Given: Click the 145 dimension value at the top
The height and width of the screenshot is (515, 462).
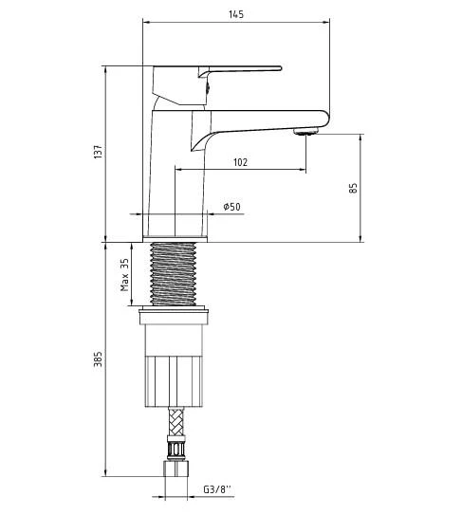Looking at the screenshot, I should pyautogui.click(x=235, y=13).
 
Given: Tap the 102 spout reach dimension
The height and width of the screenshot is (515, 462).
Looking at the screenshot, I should pyautogui.click(x=240, y=162).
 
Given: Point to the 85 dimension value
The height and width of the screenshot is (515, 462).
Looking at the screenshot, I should pyautogui.click(x=353, y=188).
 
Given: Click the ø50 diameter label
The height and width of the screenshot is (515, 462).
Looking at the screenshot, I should pyautogui.click(x=231, y=207).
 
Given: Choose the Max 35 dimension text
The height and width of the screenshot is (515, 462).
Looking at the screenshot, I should pyautogui.click(x=124, y=275).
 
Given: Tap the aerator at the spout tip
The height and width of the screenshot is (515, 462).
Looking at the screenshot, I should pyautogui.click(x=305, y=132).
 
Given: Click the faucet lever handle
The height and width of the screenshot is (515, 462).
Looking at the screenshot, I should pyautogui.click(x=242, y=68).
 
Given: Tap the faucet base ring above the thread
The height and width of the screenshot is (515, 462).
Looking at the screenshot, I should pyautogui.click(x=176, y=226).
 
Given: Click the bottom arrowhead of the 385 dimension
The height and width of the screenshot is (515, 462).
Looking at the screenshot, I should pyautogui.click(x=104, y=476).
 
